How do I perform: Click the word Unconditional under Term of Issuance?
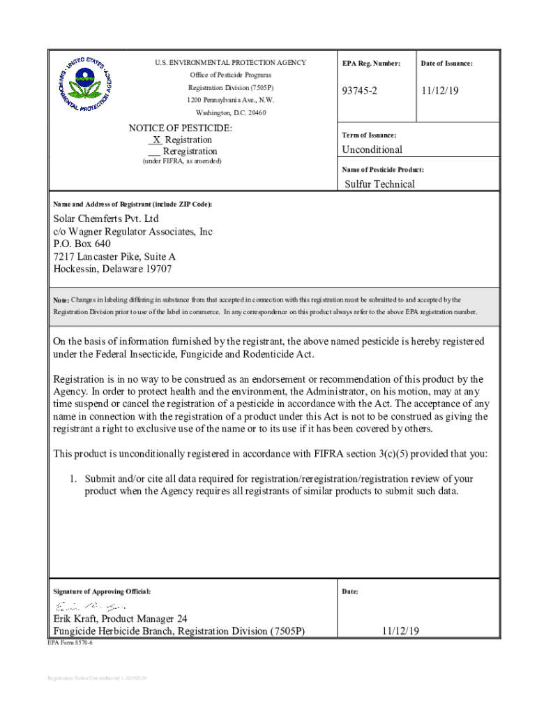372,149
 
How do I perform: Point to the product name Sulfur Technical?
379,184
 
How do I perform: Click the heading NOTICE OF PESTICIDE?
181,128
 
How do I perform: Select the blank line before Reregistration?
155,152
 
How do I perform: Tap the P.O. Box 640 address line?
82,244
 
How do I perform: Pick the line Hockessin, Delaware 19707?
112,270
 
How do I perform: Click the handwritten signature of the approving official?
90,606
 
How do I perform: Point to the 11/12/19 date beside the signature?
400,631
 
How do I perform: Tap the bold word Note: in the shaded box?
61,300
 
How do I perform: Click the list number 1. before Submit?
72,479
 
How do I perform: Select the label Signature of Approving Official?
102,592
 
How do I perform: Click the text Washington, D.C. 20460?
230,112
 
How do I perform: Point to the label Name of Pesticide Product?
383,170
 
